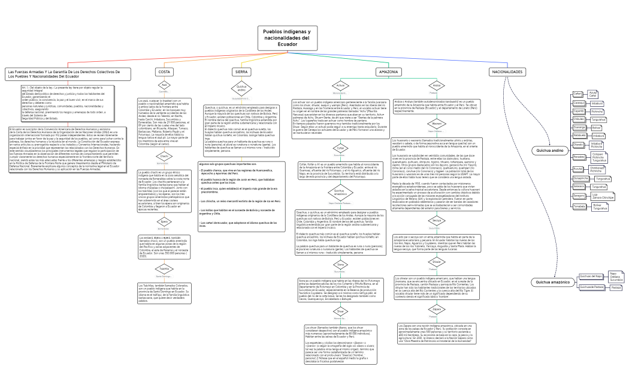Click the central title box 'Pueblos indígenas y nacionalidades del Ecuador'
[288, 38]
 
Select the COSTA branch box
[164, 72]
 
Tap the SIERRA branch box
[241, 72]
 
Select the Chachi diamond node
[164, 157]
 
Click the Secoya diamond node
[437, 221]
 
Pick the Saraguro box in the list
[579, 196]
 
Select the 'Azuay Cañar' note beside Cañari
[592, 94]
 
